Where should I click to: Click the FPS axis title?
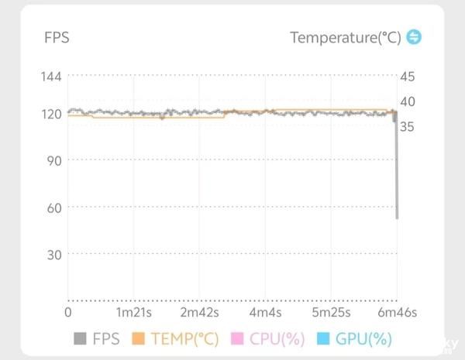[57, 38]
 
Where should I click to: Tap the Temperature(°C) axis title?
[346, 38]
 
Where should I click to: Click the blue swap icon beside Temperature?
[414, 37]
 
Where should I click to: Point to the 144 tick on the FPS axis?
[52, 76]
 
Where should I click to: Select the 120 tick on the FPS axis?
[52, 114]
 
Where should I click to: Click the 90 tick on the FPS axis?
[55, 160]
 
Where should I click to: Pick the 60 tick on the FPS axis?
[55, 207]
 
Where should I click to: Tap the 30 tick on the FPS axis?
[55, 254]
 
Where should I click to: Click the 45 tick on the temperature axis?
[408, 76]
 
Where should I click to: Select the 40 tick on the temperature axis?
[408, 101]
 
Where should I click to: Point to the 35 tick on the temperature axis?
[408, 126]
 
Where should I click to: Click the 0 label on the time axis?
[68, 313]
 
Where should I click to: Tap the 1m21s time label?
[134, 313]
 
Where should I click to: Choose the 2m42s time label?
[200, 313]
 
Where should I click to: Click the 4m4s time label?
[266, 313]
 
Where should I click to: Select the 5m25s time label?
[332, 313]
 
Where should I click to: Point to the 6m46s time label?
[397, 313]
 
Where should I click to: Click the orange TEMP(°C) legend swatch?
[139, 339]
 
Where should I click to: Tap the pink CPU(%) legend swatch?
[237, 339]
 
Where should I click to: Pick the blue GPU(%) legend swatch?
[323, 339]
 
